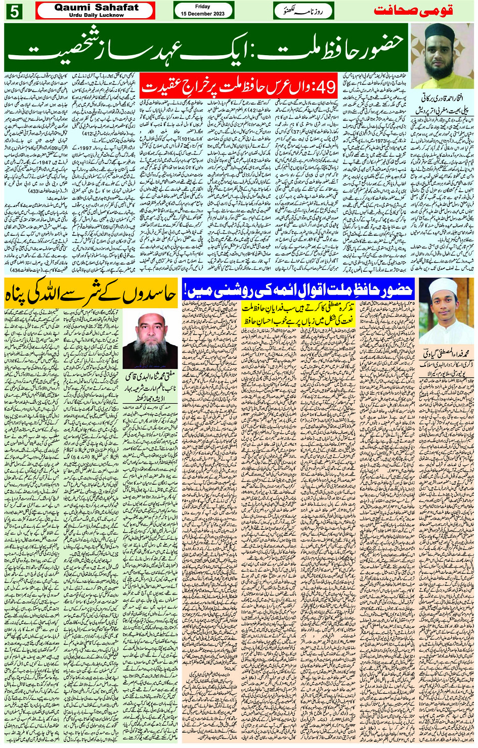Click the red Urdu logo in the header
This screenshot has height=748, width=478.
click(413, 11)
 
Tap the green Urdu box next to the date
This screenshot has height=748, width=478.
click(303, 11)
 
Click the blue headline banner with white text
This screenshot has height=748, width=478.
click(298, 289)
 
